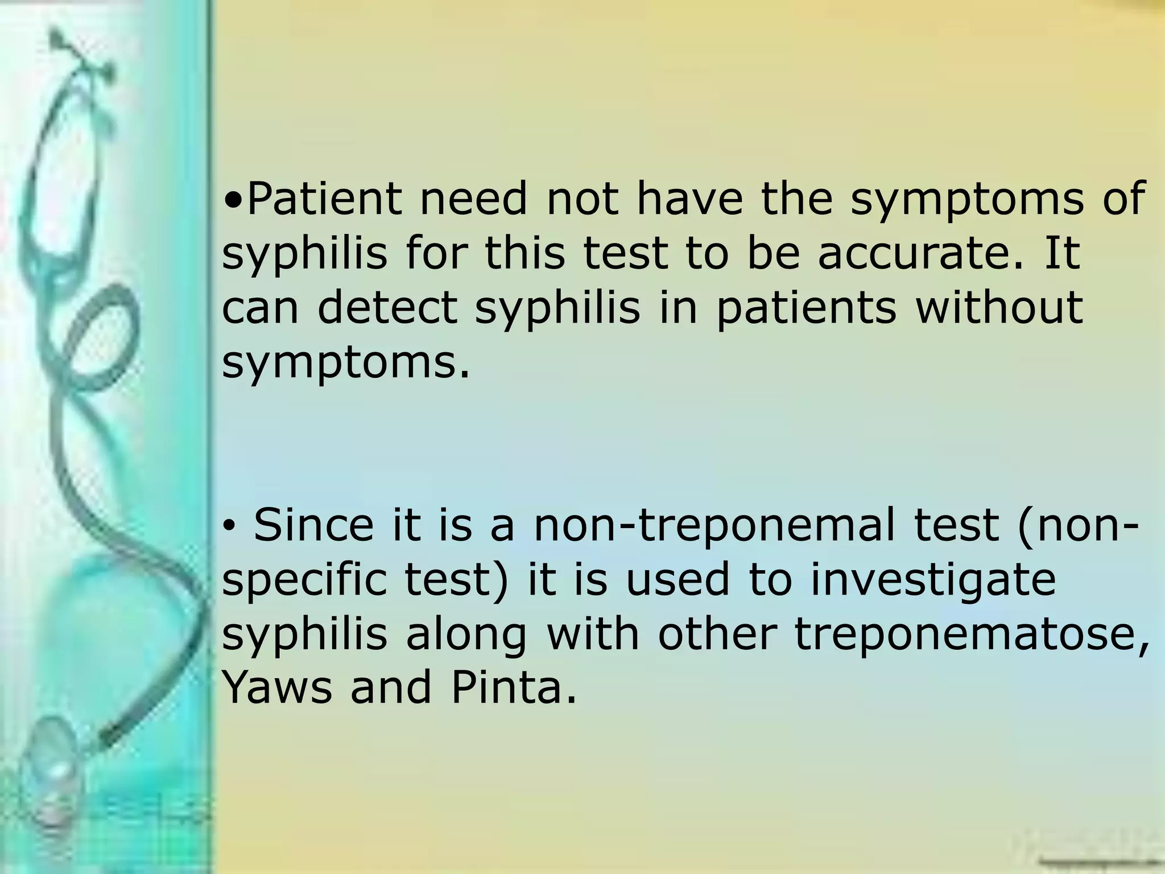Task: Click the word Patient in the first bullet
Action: pos(324,199)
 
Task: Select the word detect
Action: pos(387,308)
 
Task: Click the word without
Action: pos(999,308)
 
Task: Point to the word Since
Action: pos(313,525)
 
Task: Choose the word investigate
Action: pos(933,579)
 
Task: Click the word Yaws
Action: pos(277,687)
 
